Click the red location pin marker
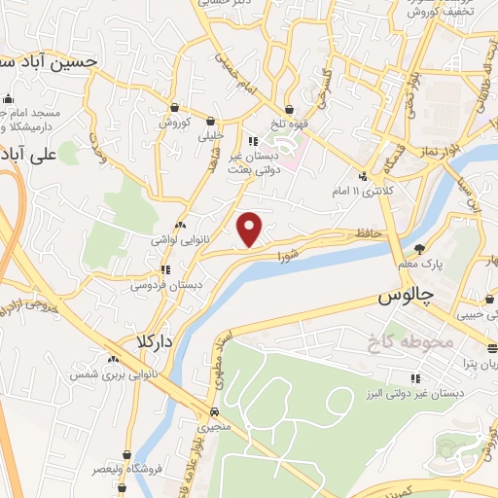(251, 228)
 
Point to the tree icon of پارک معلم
(419, 248)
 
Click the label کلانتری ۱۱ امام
(390, 191)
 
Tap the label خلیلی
(211, 136)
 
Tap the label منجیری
(213, 426)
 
